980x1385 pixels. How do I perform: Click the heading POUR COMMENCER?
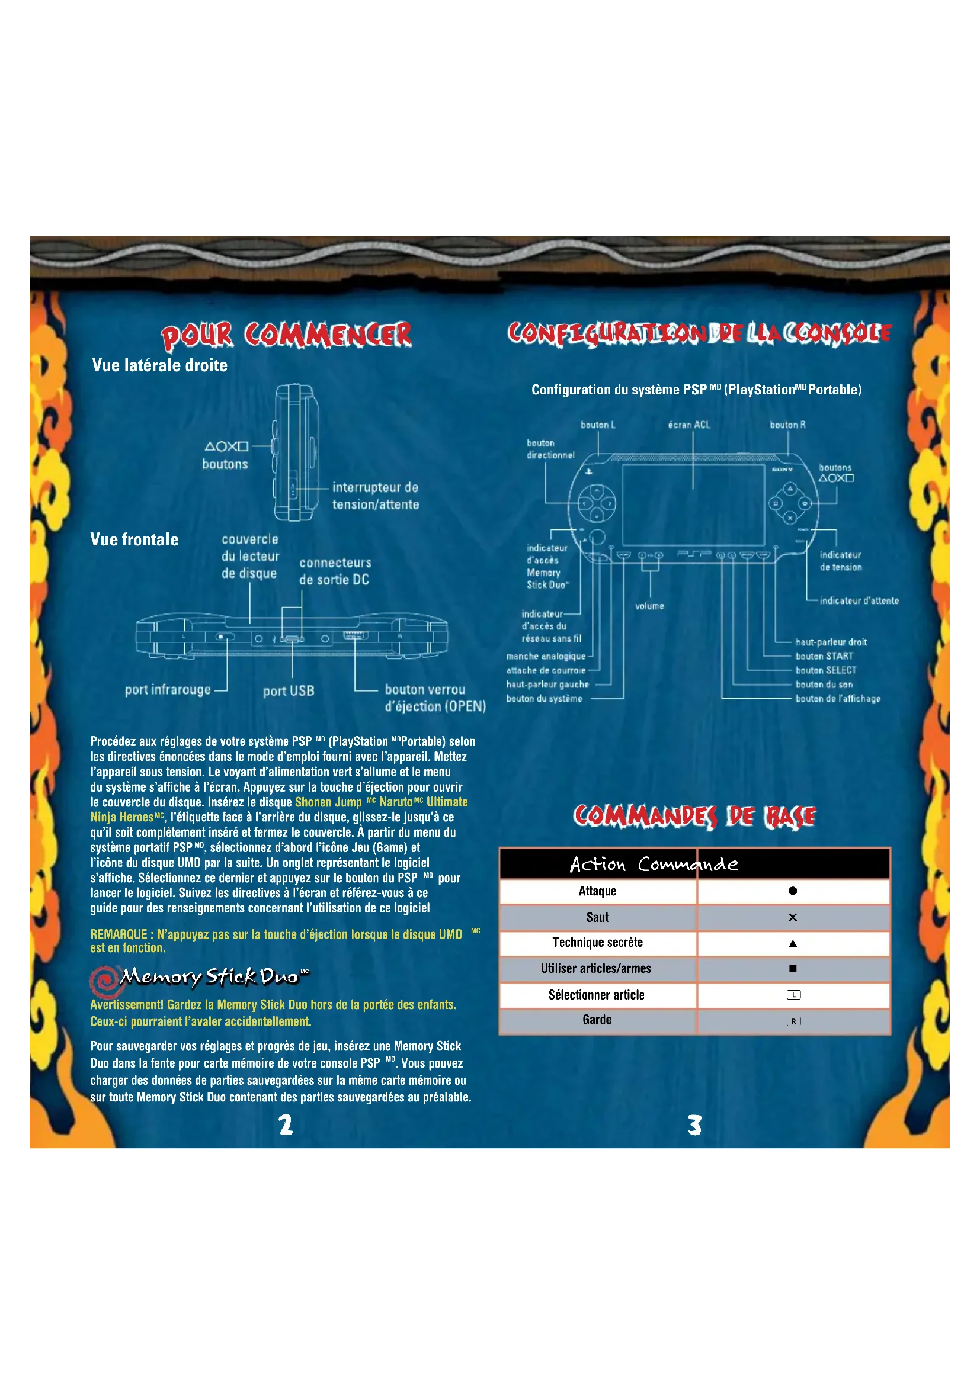286,335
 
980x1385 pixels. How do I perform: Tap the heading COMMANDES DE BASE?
694,816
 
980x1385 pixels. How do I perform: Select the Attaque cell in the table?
597,891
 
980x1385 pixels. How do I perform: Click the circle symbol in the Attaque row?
793,891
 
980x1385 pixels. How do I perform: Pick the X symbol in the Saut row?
793,917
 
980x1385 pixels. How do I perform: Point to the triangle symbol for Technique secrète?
793,943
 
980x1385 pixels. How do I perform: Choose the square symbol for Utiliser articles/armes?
793,968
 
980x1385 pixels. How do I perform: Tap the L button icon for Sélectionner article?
793,995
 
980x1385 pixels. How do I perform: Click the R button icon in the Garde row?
793,1021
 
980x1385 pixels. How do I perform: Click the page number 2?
286,1125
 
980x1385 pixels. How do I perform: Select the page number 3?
694,1125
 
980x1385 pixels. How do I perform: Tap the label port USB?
289,690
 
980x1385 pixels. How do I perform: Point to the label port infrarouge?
168,689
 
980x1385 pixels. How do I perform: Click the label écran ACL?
688,425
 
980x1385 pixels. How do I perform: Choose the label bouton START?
824,656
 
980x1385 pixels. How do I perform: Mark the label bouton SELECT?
825,670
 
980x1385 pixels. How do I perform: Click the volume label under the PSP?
649,606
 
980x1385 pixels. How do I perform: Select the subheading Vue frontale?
134,539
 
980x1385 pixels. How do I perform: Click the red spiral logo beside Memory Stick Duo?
104,980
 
